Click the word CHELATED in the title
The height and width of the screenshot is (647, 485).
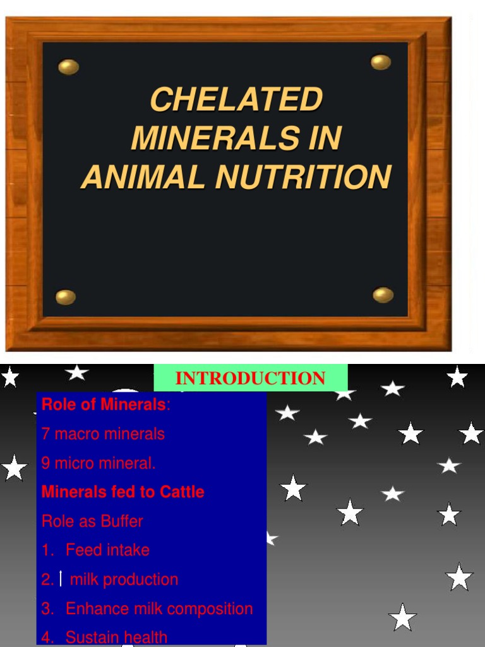click(x=236, y=100)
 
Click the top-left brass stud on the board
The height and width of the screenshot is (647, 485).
click(x=68, y=67)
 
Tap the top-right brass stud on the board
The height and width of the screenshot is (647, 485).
click(x=381, y=62)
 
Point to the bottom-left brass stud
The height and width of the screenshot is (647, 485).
click(x=66, y=297)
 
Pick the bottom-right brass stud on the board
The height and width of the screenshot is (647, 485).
click(x=383, y=294)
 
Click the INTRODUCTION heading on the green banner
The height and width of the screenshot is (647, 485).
click(x=250, y=378)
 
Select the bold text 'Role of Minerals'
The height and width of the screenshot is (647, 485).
click(x=104, y=405)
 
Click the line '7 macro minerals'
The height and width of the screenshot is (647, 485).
click(x=103, y=434)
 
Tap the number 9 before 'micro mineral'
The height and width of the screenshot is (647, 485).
click(x=45, y=463)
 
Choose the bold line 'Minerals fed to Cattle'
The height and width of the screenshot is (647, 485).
click(x=123, y=492)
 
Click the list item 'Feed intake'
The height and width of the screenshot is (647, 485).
click(x=107, y=550)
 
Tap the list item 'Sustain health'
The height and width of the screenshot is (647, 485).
click(x=116, y=638)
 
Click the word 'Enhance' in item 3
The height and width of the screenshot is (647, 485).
click(x=97, y=608)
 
